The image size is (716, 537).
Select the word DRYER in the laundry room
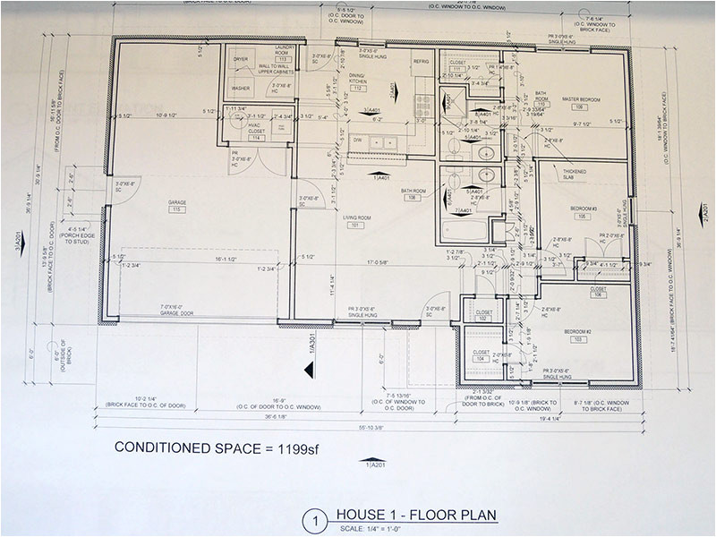(x=241, y=59)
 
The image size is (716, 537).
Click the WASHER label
(x=240, y=89)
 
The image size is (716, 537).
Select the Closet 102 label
(x=482, y=315)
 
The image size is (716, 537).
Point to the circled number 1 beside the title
(x=314, y=519)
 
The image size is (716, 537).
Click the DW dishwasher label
(x=356, y=140)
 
